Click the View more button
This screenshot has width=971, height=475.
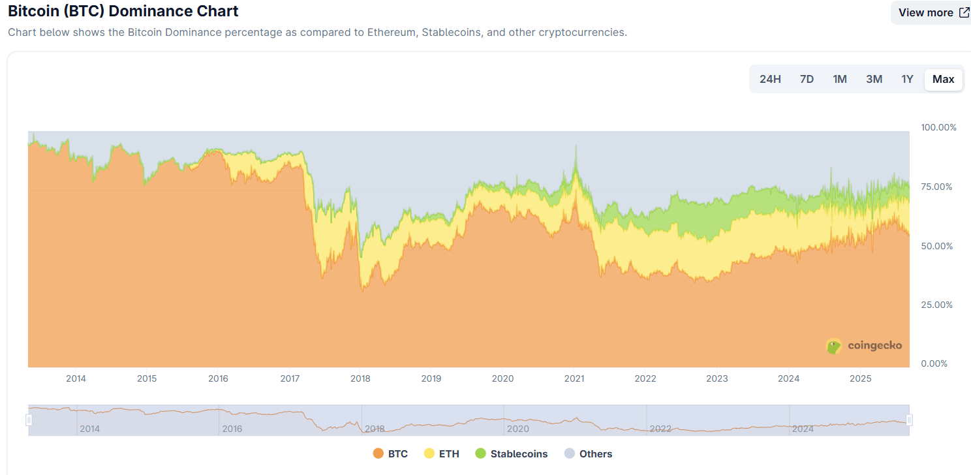pyautogui.click(x=933, y=12)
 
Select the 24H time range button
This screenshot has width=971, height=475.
pyautogui.click(x=770, y=79)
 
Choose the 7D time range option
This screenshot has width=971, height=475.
pyautogui.click(x=807, y=79)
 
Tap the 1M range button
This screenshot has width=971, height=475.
pyautogui.click(x=840, y=79)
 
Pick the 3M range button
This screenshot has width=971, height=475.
pyautogui.click(x=874, y=79)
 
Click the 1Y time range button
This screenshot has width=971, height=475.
pyautogui.click(x=907, y=79)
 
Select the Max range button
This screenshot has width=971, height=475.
pyautogui.click(x=943, y=79)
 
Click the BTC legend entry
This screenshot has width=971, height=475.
pyautogui.click(x=390, y=453)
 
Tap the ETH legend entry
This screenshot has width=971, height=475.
pyautogui.click(x=442, y=453)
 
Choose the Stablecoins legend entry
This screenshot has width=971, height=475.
pyautogui.click(x=512, y=453)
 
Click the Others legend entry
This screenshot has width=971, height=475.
pyautogui.click(x=589, y=453)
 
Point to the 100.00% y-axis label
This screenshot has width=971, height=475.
pyautogui.click(x=938, y=127)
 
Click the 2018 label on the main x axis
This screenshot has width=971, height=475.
pyautogui.click(x=360, y=378)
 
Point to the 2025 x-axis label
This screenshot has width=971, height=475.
pyautogui.click(x=861, y=378)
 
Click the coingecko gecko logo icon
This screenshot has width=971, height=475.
pyautogui.click(x=834, y=346)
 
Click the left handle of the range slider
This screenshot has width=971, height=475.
pyautogui.click(x=29, y=420)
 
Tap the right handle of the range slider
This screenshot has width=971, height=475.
pyautogui.click(x=909, y=420)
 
